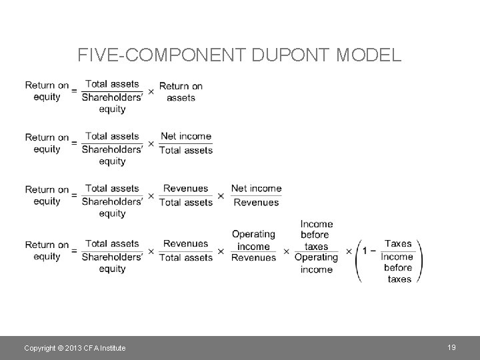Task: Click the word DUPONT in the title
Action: click(x=288, y=55)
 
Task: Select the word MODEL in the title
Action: click(x=371, y=55)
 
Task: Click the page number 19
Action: click(x=451, y=347)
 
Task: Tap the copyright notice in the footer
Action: click(x=75, y=348)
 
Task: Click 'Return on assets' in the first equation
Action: click(x=181, y=92)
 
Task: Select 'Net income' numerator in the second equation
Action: click(x=186, y=136)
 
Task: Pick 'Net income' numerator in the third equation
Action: click(x=256, y=189)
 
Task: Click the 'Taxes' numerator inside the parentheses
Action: click(x=398, y=244)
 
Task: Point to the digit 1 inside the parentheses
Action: click(x=365, y=251)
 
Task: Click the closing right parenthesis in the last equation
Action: click(x=420, y=257)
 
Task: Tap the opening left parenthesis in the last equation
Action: click(x=358, y=257)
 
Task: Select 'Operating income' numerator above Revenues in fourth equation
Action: click(x=253, y=240)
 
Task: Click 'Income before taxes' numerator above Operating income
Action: click(x=316, y=235)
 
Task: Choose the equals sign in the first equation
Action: click(x=74, y=91)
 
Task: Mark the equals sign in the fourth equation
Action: click(x=74, y=251)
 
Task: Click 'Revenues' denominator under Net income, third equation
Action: click(x=256, y=203)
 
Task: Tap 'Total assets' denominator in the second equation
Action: click(x=186, y=151)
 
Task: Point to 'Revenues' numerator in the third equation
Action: click(x=185, y=189)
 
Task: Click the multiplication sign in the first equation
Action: click(x=151, y=91)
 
